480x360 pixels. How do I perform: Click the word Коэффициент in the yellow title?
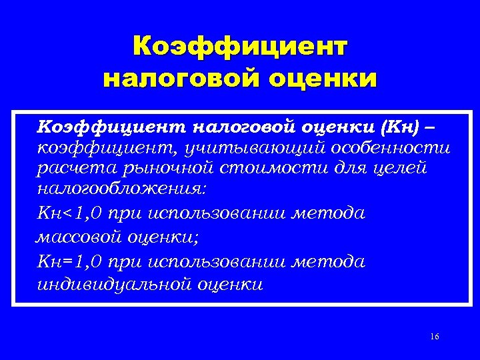click(240, 47)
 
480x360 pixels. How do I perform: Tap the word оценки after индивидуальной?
click(229, 285)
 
